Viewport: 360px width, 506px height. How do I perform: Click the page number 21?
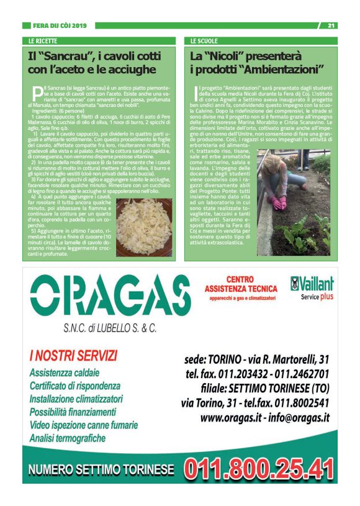pos(331,25)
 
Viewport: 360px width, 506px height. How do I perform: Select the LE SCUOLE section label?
pos(205,40)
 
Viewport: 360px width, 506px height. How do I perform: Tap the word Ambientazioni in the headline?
pos(282,70)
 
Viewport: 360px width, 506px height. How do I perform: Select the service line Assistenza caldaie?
pos(64,373)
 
